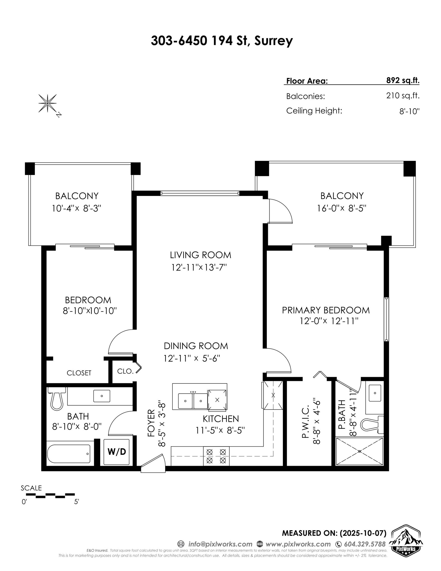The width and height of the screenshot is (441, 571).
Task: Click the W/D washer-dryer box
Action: click(x=117, y=452)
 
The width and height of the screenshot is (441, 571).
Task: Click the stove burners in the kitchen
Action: click(x=216, y=456)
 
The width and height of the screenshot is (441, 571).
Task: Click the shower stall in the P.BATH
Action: click(x=359, y=452)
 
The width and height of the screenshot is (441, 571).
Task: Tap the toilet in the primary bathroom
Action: click(x=371, y=425)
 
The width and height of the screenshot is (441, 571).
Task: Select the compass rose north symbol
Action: click(x=48, y=104)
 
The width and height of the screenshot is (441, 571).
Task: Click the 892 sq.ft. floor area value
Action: click(x=403, y=80)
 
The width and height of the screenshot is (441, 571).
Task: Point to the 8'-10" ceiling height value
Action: click(x=409, y=112)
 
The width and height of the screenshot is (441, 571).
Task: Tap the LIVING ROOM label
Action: click(x=200, y=255)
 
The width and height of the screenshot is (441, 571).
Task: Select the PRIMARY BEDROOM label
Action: click(x=326, y=310)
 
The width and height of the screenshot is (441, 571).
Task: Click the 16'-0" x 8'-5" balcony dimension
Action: click(x=341, y=208)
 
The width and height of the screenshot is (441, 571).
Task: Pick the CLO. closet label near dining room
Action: click(x=125, y=371)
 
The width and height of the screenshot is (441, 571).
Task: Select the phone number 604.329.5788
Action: click(x=365, y=544)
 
